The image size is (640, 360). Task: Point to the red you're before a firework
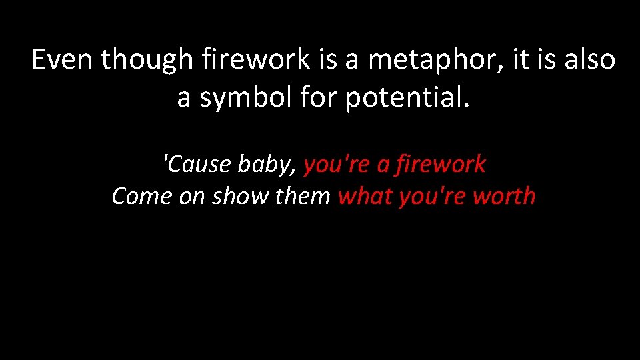[x=337, y=164]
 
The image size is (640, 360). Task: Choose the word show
[x=236, y=197]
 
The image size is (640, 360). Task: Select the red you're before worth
[x=433, y=197]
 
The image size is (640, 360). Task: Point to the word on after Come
[x=193, y=197]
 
